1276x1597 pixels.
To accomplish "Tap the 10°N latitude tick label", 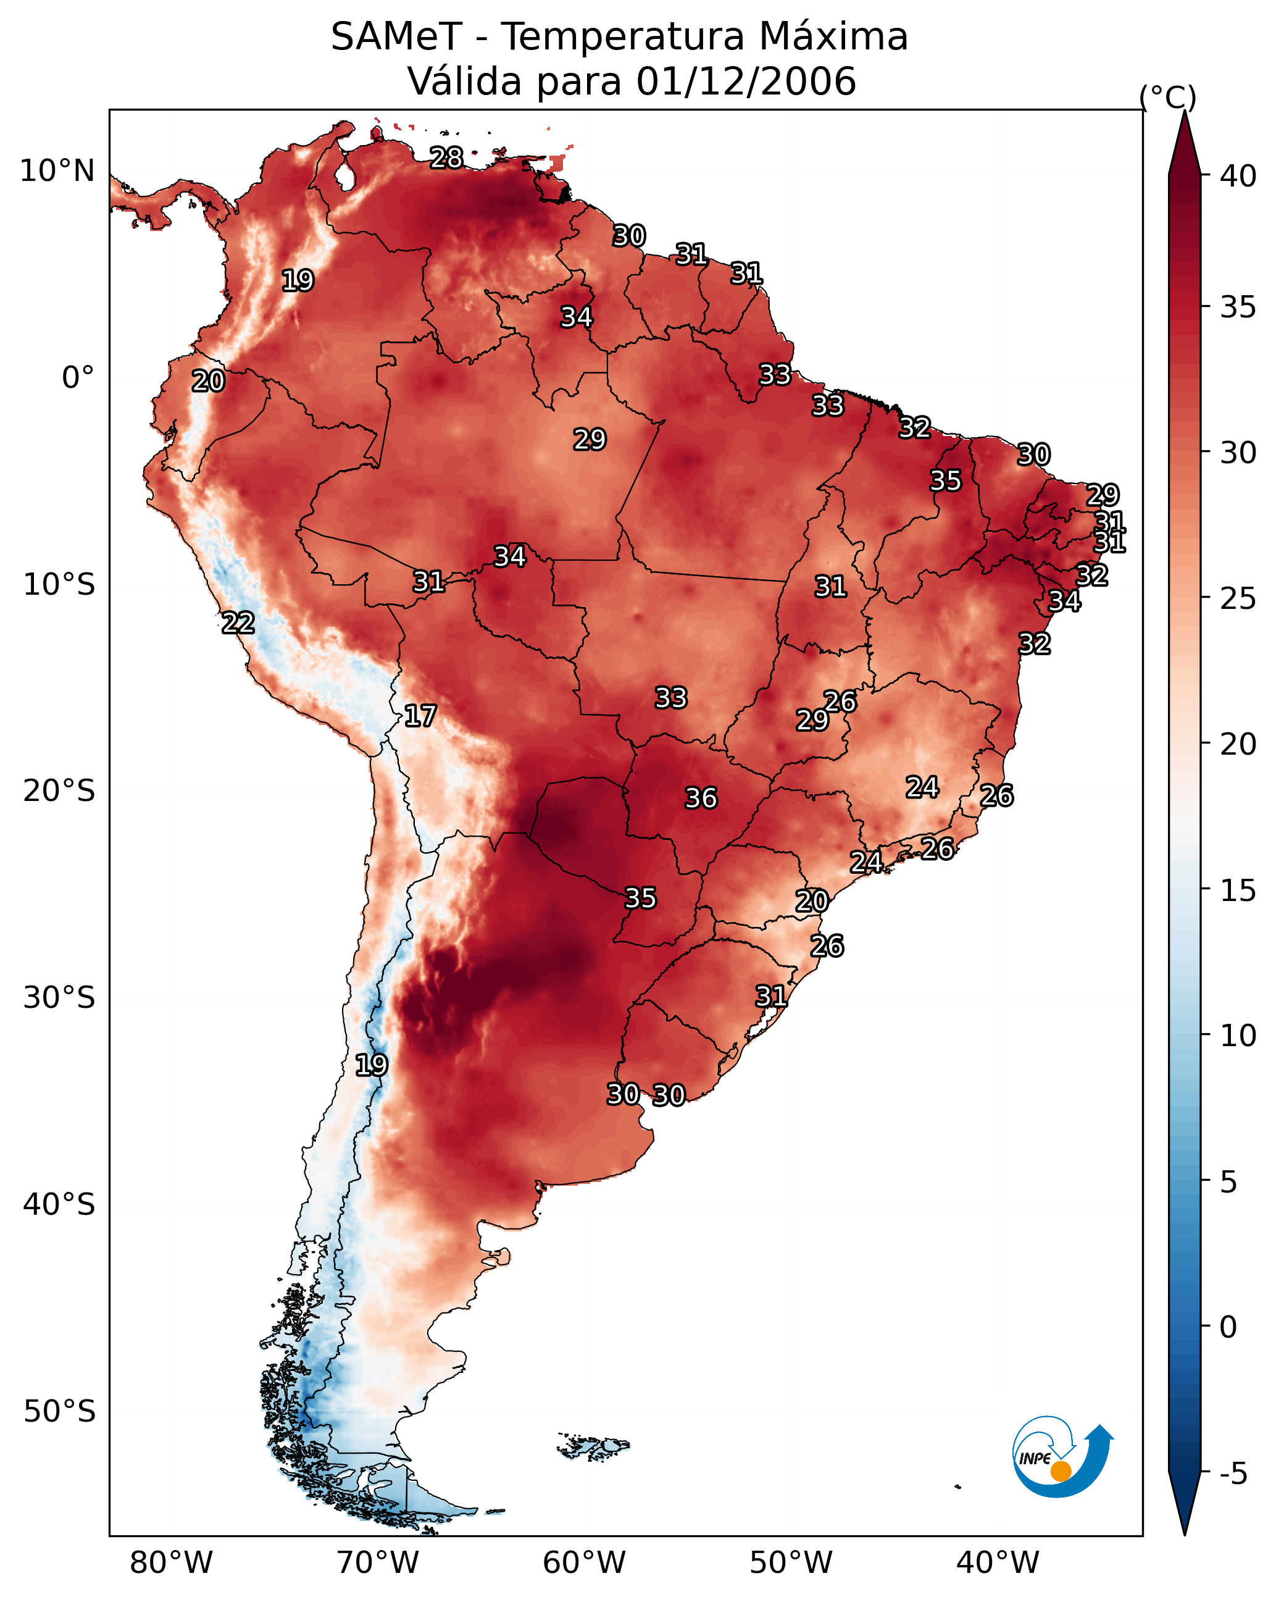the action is pos(57,171).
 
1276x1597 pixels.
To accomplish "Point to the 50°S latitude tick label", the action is pos(59,1411).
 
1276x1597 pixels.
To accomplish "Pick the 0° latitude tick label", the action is pos(78,378).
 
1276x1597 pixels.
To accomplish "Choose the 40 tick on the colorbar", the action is pos(1238,176).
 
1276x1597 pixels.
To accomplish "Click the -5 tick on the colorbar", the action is pos(1233,1474).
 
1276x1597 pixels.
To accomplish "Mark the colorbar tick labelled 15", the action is pos(1238,891).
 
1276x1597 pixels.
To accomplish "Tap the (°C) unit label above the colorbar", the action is pos(1168,97).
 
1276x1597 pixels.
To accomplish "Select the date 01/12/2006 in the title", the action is pos(746,81).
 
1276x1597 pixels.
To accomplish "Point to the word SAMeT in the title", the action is pos(396,37).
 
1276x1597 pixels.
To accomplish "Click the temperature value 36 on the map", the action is pos(701,798).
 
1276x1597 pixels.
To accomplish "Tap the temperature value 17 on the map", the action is pos(420,716).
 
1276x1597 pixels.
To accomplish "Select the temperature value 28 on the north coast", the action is pos(446,157).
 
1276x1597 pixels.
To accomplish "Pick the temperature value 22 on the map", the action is pos(238,623).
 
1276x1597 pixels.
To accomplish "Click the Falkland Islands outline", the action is pos(593,1446).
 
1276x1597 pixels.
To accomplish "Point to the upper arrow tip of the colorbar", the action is pos(1184,111).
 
